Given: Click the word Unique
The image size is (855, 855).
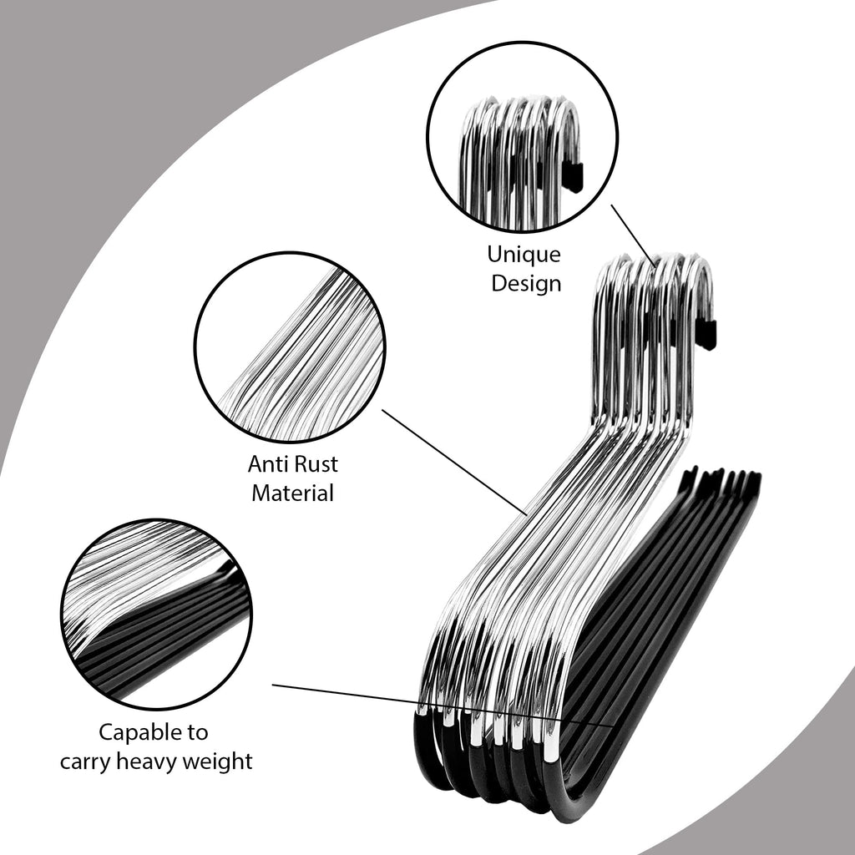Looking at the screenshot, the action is (524, 254).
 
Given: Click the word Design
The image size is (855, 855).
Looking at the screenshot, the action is (526, 284).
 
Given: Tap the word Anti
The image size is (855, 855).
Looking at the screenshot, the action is (266, 464).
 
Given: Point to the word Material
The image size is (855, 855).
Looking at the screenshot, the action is (292, 493).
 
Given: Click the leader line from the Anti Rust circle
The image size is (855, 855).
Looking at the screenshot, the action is (454, 462).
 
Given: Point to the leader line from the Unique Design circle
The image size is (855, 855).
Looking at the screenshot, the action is (633, 235).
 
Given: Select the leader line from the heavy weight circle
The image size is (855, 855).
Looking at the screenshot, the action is (443, 705).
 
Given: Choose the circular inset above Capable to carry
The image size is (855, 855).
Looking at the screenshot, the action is (156, 614).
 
